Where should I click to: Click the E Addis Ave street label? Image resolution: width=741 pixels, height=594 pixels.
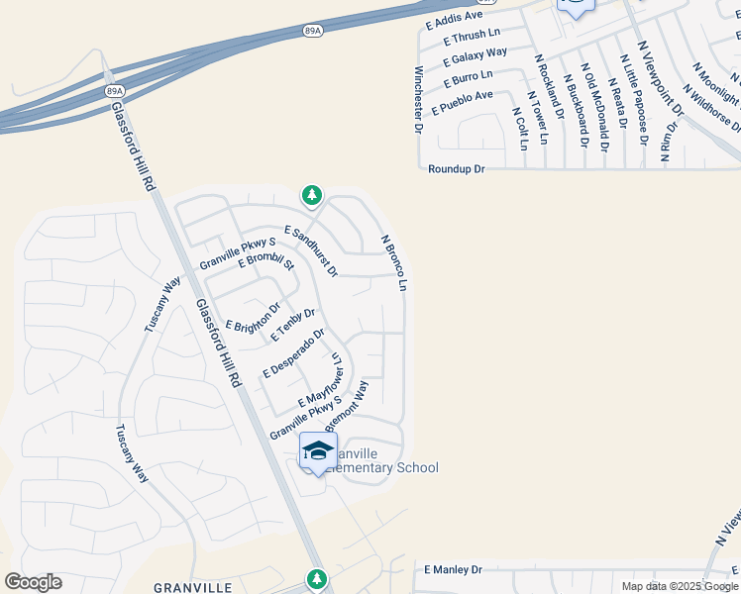[x=454, y=16]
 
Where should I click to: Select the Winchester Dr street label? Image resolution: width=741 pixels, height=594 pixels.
[x=418, y=100]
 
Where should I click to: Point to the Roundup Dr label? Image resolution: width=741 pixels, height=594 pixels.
[x=456, y=169]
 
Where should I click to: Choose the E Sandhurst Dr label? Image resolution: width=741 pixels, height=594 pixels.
[x=311, y=250]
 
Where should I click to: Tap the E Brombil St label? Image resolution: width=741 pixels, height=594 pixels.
[x=266, y=262]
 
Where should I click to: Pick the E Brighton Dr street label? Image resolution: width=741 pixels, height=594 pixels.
[x=253, y=318]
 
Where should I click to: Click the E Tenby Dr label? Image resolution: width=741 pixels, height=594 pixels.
[x=291, y=322]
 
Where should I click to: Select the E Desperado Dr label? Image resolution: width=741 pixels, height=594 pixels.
[x=293, y=352]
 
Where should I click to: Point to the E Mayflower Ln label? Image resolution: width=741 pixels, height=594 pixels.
[x=320, y=387]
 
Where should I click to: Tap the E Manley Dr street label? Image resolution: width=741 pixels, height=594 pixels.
[x=452, y=570]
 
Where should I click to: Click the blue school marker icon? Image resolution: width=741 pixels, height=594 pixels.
[x=318, y=451]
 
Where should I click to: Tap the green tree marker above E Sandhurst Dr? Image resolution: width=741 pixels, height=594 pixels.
[x=312, y=194]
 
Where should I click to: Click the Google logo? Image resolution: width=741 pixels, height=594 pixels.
[x=33, y=582]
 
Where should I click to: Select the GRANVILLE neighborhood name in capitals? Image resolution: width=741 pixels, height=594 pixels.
[x=192, y=587]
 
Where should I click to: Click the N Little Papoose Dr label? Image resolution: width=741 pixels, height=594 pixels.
[x=636, y=100]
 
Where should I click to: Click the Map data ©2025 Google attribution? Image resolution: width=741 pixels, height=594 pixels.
[x=679, y=586]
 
